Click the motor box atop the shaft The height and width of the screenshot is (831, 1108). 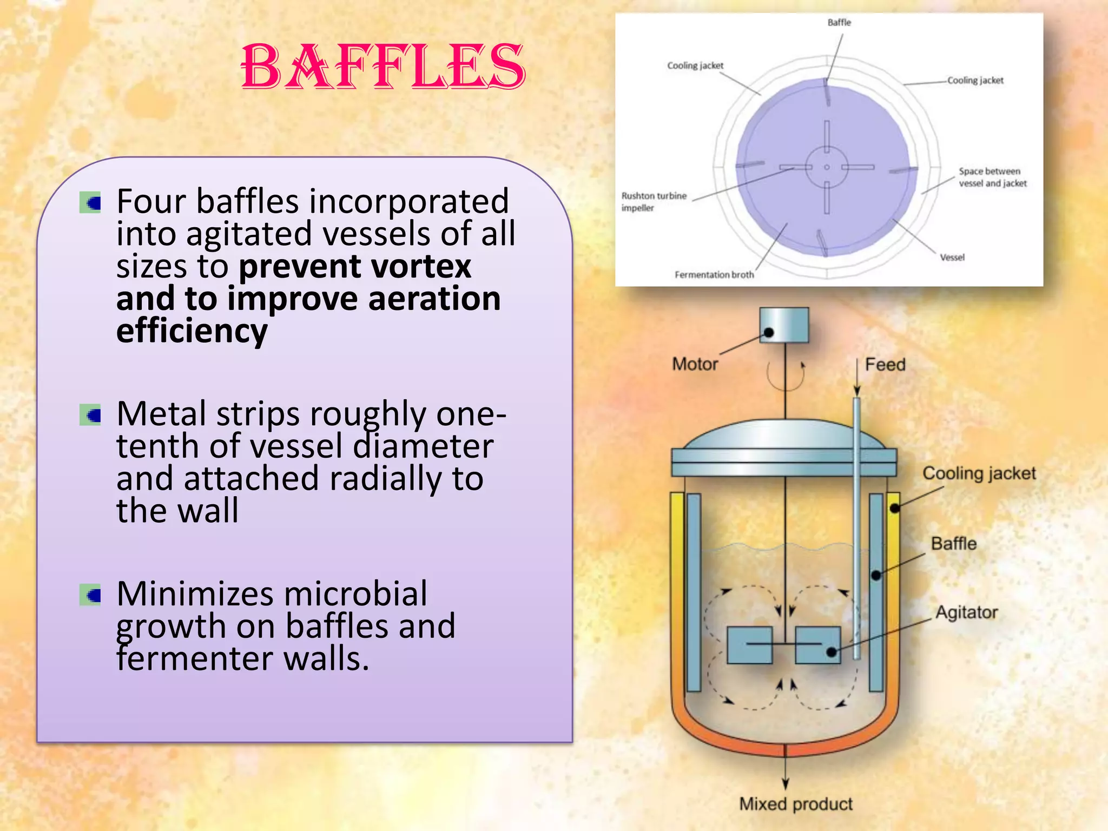(x=784, y=325)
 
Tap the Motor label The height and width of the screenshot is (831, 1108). (x=695, y=364)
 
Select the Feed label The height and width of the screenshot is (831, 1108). (x=885, y=365)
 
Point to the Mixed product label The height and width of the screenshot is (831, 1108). (x=796, y=804)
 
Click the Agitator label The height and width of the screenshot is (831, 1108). (x=967, y=612)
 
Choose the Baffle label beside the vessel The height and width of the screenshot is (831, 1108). (x=954, y=544)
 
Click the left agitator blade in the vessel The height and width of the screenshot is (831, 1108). (x=749, y=645)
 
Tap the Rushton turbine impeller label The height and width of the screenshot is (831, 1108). (x=654, y=202)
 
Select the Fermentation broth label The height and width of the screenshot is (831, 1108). (x=714, y=275)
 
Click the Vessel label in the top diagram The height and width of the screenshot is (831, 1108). (x=952, y=258)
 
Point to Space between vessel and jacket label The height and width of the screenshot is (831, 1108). (x=992, y=177)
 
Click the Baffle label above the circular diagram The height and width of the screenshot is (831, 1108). (x=839, y=23)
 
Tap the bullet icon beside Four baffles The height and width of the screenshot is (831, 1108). (x=90, y=203)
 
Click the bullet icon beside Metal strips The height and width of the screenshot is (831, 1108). (x=90, y=415)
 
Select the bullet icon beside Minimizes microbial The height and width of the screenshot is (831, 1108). (x=90, y=595)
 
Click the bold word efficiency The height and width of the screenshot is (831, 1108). (x=192, y=331)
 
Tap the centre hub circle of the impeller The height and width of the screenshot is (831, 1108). (x=827, y=167)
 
